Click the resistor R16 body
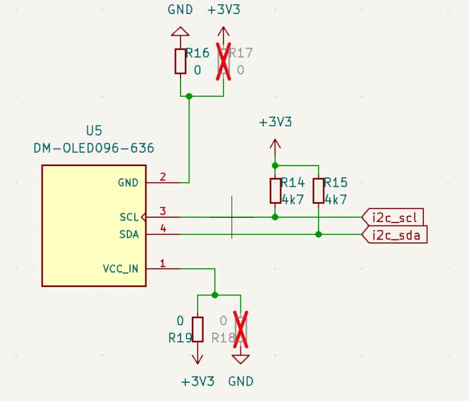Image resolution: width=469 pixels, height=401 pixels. click(181, 61)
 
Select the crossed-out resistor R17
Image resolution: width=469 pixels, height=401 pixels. click(224, 61)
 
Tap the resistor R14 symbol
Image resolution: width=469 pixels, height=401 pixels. click(276, 191)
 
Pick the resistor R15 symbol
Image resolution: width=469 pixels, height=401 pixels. click(318, 191)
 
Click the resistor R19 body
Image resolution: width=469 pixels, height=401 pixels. click(198, 329)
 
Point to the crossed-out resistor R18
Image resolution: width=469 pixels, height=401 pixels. click(241, 329)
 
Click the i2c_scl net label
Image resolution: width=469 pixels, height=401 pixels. click(394, 217)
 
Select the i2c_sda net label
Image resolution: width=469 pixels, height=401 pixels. click(396, 235)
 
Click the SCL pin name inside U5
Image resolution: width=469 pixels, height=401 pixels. click(128, 217)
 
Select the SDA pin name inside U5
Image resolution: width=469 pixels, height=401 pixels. click(128, 235)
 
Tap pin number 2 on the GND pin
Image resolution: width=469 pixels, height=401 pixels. click(162, 176)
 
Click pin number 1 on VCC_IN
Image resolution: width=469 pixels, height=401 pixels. click(162, 262)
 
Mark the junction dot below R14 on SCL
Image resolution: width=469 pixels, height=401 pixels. click(276, 217)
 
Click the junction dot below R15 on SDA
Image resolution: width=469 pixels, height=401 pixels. click(318, 235)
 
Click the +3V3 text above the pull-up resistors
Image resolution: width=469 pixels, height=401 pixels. click(276, 123)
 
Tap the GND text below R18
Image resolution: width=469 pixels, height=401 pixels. click(241, 382)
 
